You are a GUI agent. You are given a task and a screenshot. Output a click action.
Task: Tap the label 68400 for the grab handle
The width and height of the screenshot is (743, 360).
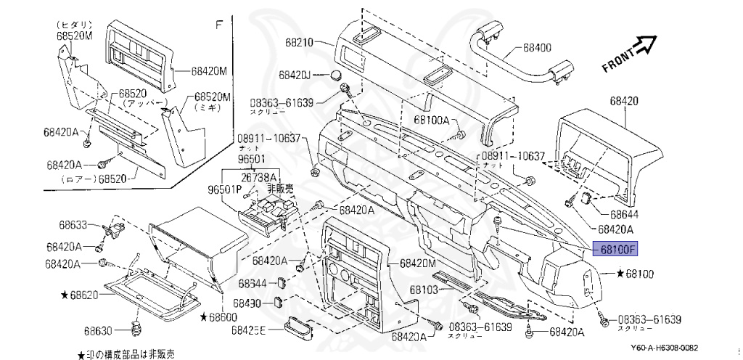[536, 49]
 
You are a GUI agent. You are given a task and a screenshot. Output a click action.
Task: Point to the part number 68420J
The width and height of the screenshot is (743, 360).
[295, 75]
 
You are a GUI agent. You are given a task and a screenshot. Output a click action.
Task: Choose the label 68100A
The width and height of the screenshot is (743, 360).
[432, 120]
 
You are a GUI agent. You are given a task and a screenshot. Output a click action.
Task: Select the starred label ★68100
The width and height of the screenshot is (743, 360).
[636, 274]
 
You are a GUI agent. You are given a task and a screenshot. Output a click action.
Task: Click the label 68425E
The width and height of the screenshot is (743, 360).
[249, 330]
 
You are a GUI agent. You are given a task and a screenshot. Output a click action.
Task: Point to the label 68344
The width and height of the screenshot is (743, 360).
[253, 283]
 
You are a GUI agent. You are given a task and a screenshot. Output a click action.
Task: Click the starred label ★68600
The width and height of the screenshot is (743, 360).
[218, 317]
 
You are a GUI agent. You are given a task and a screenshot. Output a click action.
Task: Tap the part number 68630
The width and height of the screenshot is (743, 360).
[100, 331]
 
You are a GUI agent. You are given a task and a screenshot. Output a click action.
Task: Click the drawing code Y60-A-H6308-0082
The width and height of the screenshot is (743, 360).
[675, 348]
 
